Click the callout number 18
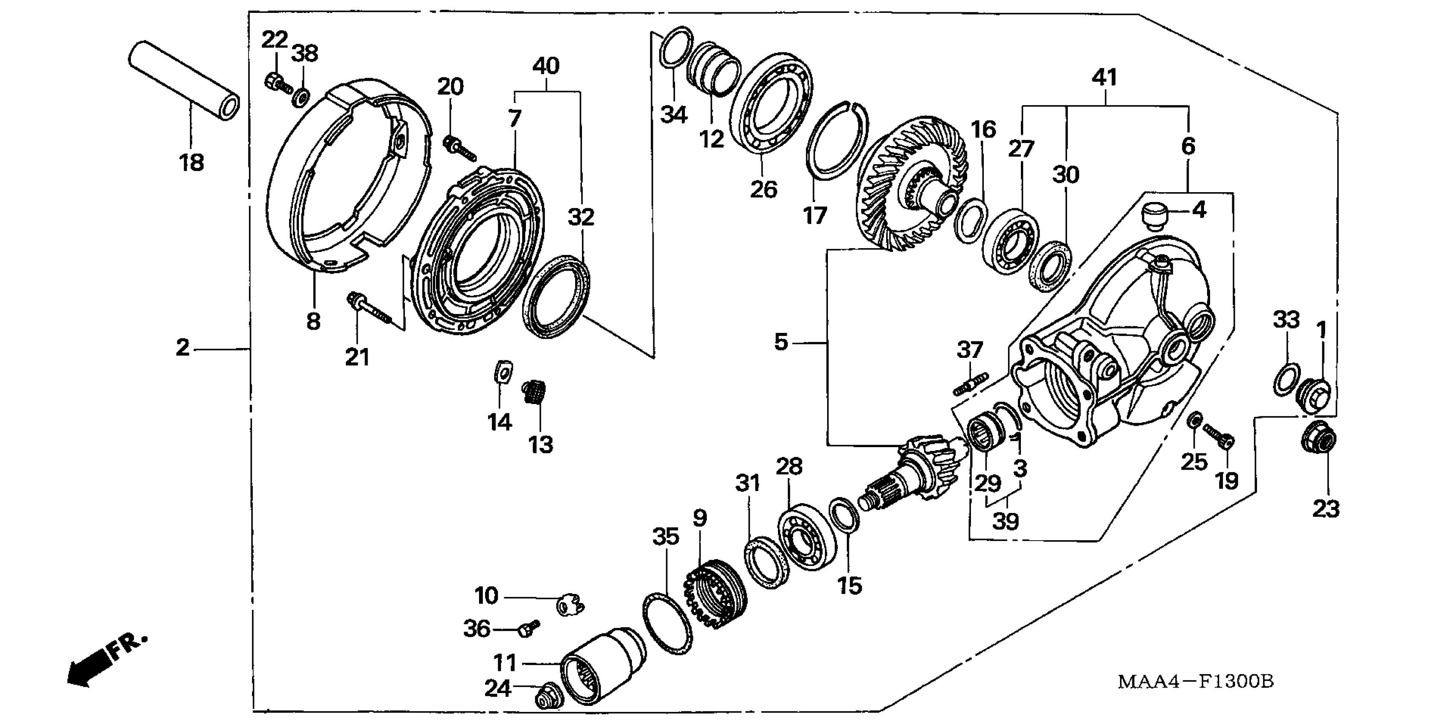[x=191, y=163]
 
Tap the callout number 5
[x=781, y=342]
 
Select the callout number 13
[x=541, y=445]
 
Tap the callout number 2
[x=182, y=348]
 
